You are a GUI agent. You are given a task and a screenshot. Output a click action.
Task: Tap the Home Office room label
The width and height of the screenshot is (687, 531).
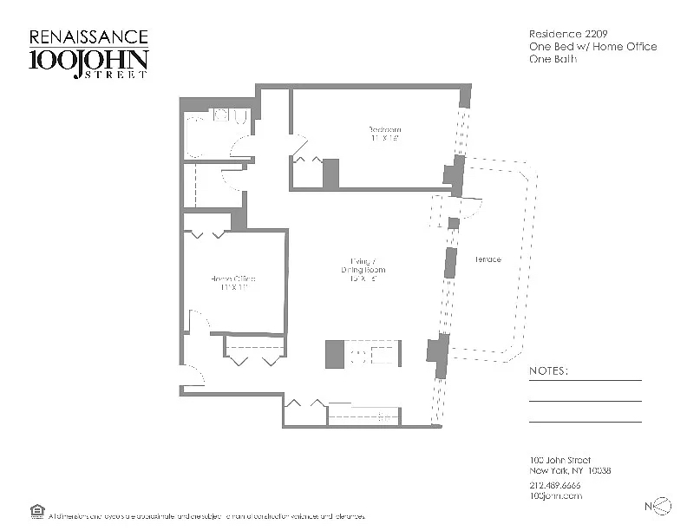click(x=232, y=283)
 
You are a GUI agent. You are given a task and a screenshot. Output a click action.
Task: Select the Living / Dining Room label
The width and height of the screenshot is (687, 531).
click(x=363, y=265)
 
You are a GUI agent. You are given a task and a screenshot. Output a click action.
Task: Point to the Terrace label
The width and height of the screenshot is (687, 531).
click(x=487, y=259)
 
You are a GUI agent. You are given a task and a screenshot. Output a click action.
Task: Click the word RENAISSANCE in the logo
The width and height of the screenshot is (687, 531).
click(x=88, y=38)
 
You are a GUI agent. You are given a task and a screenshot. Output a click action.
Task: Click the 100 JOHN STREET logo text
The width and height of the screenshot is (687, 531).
click(x=88, y=62)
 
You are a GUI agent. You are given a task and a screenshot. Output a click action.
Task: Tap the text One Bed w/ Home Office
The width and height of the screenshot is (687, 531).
click(x=592, y=47)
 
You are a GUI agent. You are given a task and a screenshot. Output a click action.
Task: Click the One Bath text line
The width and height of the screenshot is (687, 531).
click(x=553, y=60)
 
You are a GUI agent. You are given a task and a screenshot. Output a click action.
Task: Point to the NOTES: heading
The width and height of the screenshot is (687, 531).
click(x=548, y=371)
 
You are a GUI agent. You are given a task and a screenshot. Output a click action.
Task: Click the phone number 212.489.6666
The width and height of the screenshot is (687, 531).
click(x=555, y=484)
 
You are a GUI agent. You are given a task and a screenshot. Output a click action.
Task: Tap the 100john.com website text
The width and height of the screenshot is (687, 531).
click(x=555, y=495)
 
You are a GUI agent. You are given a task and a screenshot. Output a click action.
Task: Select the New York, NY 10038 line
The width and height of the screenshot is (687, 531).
click(x=570, y=471)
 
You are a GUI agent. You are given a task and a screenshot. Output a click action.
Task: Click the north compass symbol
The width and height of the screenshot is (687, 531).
click(x=660, y=506)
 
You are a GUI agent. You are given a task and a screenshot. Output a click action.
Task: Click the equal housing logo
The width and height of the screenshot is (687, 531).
click(x=37, y=510)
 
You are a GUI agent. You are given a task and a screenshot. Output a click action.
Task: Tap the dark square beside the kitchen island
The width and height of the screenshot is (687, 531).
click(x=336, y=354)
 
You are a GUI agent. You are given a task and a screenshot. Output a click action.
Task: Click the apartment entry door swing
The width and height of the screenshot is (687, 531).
click(x=193, y=375)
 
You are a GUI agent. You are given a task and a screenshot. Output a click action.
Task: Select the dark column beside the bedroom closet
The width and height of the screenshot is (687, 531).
click(x=330, y=173)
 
